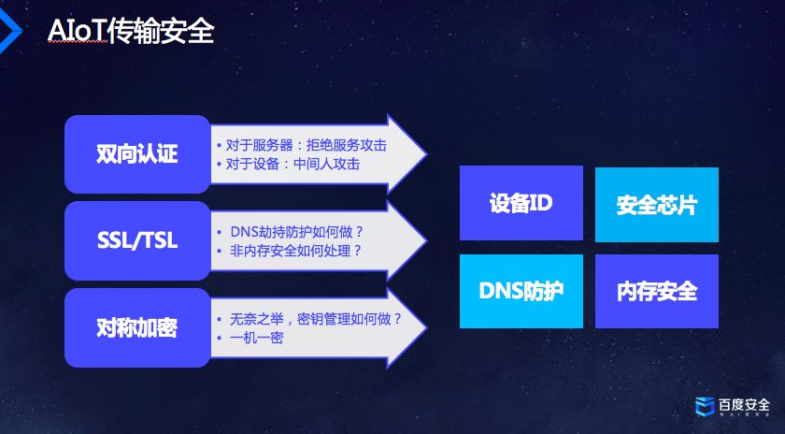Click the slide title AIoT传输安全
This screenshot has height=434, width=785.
pyautogui.click(x=130, y=32)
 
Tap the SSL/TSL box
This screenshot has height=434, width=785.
pyautogui.click(x=136, y=240)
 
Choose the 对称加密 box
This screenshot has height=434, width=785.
pyautogui.click(x=136, y=327)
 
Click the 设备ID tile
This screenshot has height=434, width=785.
pyautogui.click(x=521, y=203)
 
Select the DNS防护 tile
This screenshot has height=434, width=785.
pyautogui.click(x=521, y=291)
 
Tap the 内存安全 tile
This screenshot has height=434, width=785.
pyautogui.click(x=656, y=291)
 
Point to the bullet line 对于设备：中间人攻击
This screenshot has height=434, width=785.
pyautogui.click(x=293, y=164)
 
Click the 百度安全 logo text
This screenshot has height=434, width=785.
pyautogui.click(x=744, y=405)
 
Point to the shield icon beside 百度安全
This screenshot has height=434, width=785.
pyautogui.click(x=704, y=406)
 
